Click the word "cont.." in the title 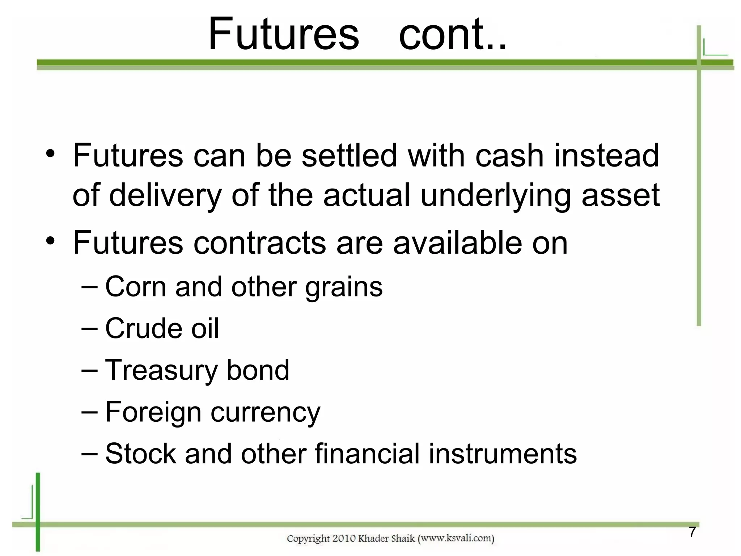[453, 34]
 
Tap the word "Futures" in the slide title [284, 34]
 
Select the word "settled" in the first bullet [349, 156]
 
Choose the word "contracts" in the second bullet [260, 243]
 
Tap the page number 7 [692, 532]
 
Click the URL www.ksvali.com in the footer [456, 538]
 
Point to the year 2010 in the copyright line [344, 539]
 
